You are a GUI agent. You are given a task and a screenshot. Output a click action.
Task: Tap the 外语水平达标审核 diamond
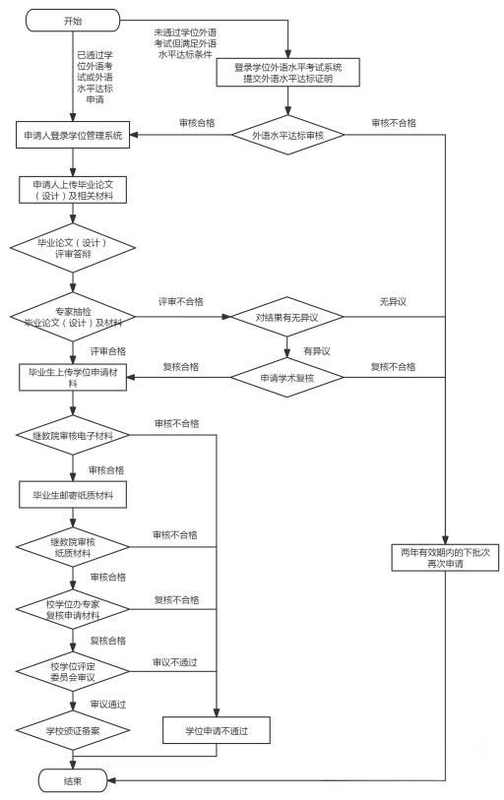[288, 135]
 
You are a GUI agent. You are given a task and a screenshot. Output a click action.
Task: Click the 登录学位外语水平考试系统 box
[288, 73]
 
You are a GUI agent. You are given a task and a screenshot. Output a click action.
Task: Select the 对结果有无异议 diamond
[288, 317]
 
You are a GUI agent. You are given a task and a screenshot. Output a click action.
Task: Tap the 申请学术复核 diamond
[288, 378]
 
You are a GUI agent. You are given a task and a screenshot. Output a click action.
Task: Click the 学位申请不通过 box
[215, 730]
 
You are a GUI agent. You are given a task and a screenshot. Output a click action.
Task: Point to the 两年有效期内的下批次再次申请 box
[445, 559]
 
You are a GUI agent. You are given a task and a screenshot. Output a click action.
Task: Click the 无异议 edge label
[393, 301]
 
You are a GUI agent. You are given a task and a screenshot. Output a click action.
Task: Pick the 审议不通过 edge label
[175, 661]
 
